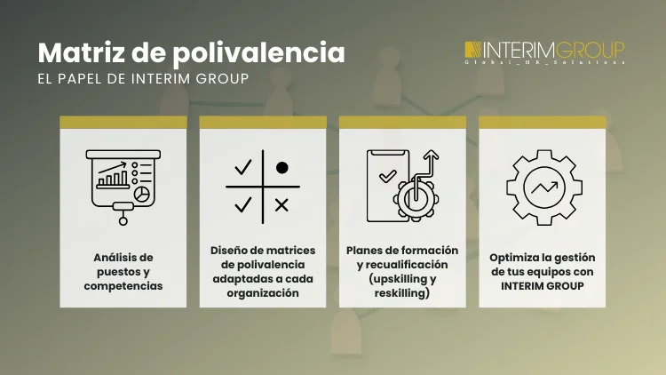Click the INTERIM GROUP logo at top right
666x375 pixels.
coord(544,51)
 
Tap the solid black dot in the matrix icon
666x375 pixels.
coord(281,167)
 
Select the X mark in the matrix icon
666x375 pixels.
coord(281,205)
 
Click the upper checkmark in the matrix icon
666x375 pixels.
coord(242,167)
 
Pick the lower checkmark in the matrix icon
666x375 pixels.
coord(242,205)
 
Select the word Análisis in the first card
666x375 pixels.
coord(111,257)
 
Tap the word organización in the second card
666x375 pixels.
coord(262,291)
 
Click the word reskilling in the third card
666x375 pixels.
coord(402,291)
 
